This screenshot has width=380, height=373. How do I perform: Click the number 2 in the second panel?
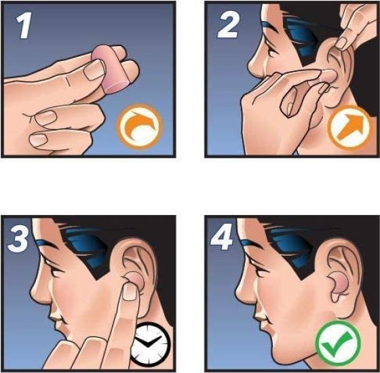[227, 28]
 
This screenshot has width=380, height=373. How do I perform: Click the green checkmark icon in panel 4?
[335, 344]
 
